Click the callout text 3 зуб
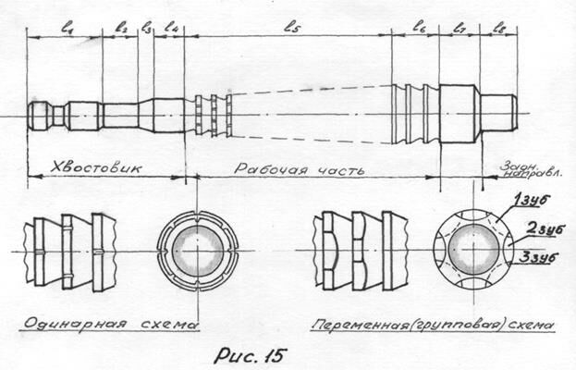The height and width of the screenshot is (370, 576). click(539, 257)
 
